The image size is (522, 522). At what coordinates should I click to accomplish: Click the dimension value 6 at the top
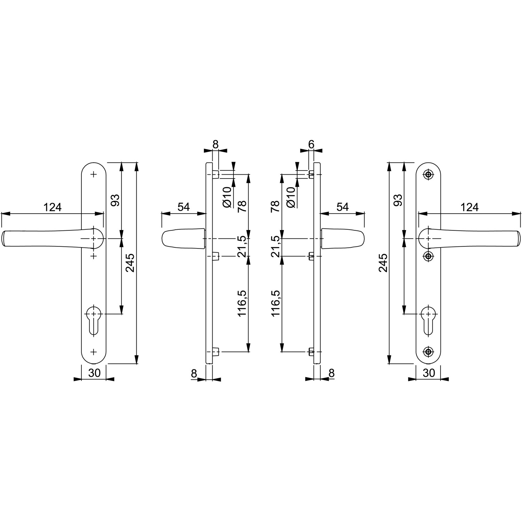click(x=311, y=144)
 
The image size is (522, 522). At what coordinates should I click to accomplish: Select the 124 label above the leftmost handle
click(x=53, y=207)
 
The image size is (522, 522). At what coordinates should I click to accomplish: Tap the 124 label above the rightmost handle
click(x=470, y=207)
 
